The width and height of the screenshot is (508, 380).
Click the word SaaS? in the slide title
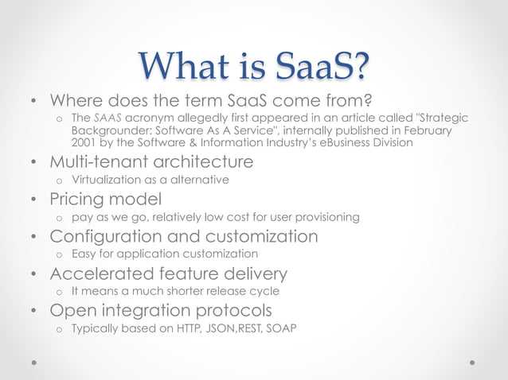click(x=317, y=66)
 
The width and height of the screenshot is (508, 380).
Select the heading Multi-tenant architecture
click(x=151, y=162)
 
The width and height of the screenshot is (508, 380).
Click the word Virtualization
click(x=104, y=180)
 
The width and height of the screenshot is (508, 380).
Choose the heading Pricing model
click(x=106, y=199)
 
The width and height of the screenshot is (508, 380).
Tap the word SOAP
click(x=281, y=328)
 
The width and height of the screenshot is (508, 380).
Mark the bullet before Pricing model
click(x=33, y=200)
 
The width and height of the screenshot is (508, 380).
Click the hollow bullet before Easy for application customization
click(x=58, y=254)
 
